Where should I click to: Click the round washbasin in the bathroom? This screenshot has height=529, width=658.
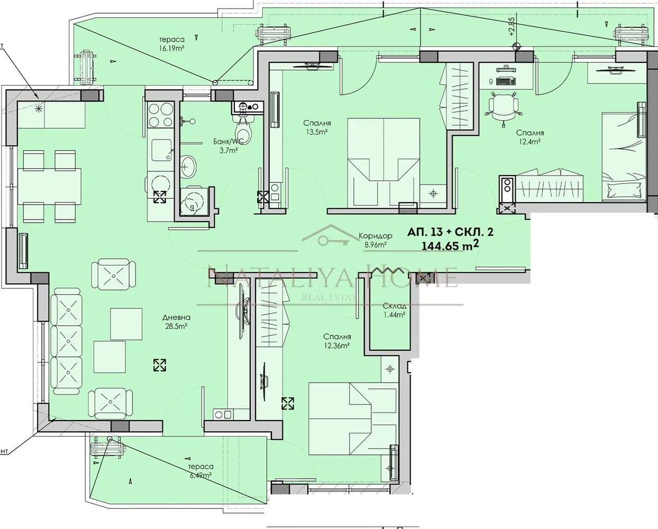(188, 168)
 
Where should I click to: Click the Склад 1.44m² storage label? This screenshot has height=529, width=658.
(394, 310)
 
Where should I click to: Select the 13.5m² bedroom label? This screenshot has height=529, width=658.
(314, 127)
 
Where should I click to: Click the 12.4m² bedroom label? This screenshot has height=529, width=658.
(529, 137)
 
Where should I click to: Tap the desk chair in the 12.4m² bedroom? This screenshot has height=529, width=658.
(502, 106)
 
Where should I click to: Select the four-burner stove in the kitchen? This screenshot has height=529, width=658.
(161, 115)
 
